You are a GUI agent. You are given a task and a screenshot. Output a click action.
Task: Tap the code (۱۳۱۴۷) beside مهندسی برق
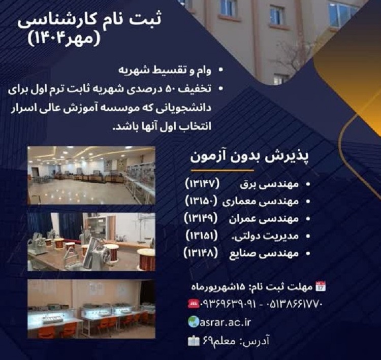(x=203, y=184)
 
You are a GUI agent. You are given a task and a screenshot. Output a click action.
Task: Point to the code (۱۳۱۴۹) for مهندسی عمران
(x=202, y=219)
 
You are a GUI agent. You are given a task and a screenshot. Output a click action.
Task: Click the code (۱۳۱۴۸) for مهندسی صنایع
(x=201, y=253)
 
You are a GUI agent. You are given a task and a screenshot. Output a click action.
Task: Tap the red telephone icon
(x=194, y=304)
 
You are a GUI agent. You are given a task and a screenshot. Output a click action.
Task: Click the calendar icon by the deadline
(x=321, y=286)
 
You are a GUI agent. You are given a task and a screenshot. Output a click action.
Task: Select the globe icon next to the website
(x=194, y=322)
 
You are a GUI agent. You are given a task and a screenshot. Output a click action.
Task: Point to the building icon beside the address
(x=194, y=341)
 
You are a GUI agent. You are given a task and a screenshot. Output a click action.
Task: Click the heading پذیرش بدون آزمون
(x=249, y=158)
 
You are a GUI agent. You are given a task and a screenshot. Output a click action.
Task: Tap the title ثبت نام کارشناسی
(x=89, y=21)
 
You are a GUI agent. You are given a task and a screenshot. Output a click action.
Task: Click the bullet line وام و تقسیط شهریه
(x=165, y=71)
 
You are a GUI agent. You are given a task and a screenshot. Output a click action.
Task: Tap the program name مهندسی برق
(x=269, y=185)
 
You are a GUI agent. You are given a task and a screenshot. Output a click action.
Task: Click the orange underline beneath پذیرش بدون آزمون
(x=223, y=171)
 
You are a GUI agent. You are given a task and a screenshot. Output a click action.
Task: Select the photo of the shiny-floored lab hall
(x=91, y=175)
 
